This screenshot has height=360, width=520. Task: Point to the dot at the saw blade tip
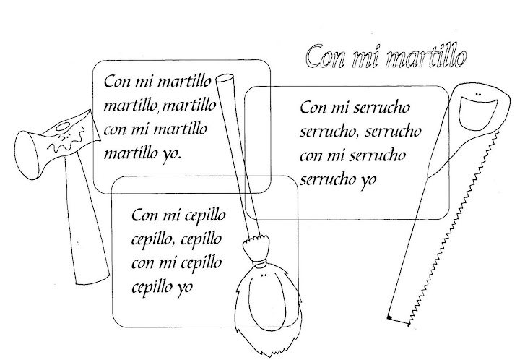coord(389,318)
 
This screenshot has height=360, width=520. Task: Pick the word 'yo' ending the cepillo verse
coord(193,287)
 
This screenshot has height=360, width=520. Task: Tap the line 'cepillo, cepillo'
coord(176,239)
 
